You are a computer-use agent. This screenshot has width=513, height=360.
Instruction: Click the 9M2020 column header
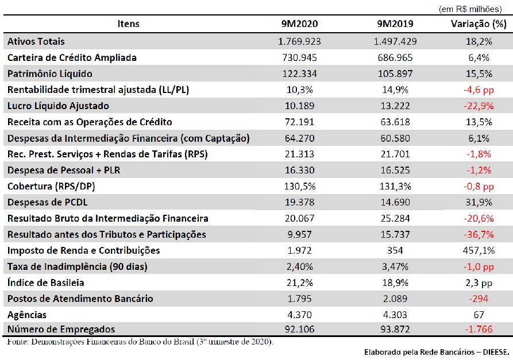(x=299, y=24)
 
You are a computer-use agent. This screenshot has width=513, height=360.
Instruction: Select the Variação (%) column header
(x=479, y=24)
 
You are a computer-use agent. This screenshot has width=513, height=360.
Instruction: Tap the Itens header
(x=128, y=24)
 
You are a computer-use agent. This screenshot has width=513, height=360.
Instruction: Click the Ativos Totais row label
(x=36, y=41)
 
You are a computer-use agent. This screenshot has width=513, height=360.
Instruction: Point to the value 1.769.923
(x=299, y=41)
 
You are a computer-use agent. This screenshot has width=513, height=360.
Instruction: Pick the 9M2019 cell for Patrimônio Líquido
(x=395, y=73)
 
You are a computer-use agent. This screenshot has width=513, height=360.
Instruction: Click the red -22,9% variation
(x=479, y=106)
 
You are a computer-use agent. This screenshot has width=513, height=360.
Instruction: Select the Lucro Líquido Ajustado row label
(x=58, y=106)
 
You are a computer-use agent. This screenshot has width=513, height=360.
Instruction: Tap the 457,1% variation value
(x=479, y=250)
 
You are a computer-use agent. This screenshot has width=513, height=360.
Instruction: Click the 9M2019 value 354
(x=395, y=250)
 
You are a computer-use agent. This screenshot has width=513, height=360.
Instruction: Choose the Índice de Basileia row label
(x=46, y=282)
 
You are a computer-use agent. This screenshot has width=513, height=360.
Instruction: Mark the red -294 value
(x=479, y=299)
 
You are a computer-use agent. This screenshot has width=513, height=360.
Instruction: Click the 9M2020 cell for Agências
(x=299, y=315)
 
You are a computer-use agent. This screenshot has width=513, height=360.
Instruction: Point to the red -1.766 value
(x=479, y=329)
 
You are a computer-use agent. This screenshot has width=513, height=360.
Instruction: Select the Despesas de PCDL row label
(x=48, y=203)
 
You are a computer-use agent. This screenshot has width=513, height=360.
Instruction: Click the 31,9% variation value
(x=479, y=203)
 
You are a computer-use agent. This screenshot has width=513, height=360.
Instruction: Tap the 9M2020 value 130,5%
(x=299, y=187)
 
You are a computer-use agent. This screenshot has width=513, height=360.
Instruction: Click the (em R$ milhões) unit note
(x=470, y=9)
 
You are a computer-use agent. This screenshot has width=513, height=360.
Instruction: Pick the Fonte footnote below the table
(x=140, y=342)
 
